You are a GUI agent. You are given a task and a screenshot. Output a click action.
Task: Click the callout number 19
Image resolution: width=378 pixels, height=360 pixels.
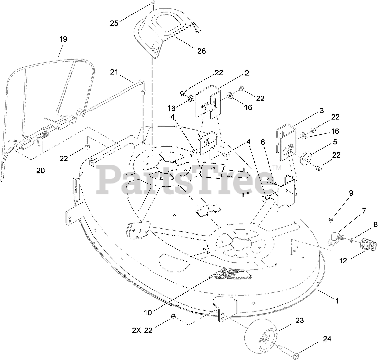(63, 39)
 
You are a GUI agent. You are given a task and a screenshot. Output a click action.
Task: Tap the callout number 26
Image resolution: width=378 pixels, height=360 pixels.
(202, 51)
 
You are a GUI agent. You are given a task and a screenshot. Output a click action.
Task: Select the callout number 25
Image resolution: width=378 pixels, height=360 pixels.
(114, 23)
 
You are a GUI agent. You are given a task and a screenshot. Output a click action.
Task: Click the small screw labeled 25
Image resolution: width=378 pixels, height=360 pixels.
(153, 3)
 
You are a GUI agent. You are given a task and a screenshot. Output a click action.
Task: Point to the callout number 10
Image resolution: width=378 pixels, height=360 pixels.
(148, 312)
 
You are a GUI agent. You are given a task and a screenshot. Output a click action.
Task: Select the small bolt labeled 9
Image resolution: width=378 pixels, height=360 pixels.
(331, 220)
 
